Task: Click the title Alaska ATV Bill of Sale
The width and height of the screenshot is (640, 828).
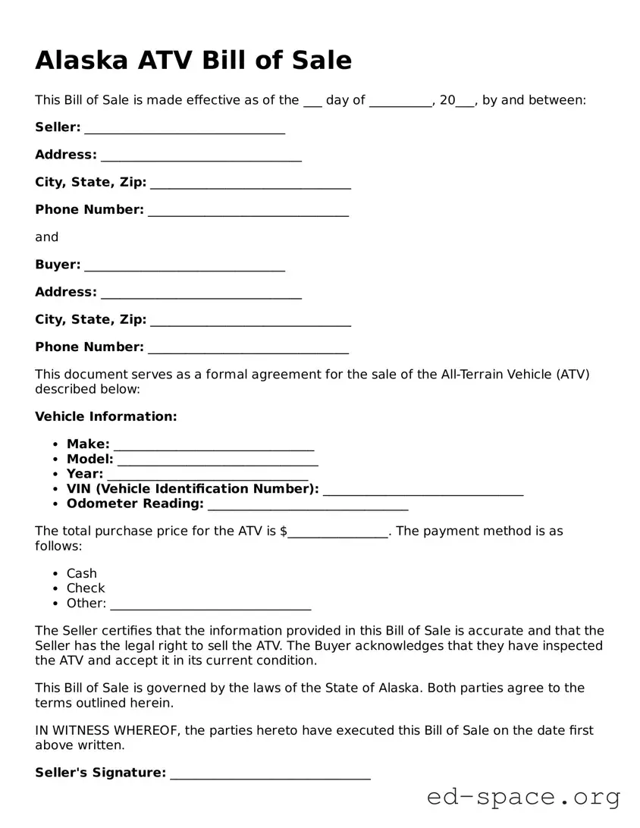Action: pos(193,60)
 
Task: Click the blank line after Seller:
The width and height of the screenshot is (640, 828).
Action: pos(184,128)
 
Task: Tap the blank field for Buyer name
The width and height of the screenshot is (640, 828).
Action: pos(184,265)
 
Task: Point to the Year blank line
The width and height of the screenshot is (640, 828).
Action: pos(207,475)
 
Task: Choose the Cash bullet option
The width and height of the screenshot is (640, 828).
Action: pos(81,573)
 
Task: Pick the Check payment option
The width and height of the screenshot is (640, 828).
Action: pos(85,588)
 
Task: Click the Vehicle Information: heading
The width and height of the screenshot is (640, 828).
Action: pos(105,416)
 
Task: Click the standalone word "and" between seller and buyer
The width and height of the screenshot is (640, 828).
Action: pos(46,237)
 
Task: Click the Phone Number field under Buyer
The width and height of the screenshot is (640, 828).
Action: pos(248,348)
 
